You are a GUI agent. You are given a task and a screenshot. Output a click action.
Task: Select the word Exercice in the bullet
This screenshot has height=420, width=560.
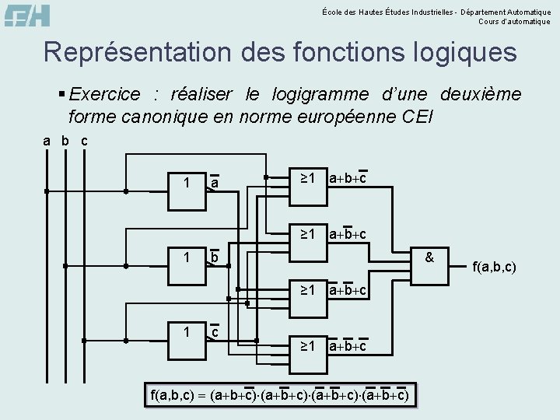[x=104, y=95]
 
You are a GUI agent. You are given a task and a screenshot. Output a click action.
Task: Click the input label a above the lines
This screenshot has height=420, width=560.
[x=47, y=141]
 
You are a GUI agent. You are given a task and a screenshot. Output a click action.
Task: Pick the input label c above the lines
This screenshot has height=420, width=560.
[x=84, y=141]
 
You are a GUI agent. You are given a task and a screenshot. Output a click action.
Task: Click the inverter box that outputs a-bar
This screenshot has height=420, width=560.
[x=186, y=183]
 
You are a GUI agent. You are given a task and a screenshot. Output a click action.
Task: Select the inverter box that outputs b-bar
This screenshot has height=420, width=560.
[x=186, y=257]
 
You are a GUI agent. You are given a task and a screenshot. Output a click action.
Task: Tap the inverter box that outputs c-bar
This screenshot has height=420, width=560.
[x=186, y=332]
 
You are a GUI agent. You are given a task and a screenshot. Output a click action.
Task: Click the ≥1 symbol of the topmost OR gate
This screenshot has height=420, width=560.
[x=308, y=178]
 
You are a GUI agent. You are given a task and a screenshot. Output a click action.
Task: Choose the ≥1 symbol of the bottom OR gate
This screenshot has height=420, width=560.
[x=308, y=345]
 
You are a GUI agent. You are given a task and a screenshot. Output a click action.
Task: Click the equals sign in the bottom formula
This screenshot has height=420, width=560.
[x=201, y=395]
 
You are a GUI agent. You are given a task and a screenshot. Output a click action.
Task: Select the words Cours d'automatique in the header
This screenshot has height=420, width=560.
[x=514, y=21]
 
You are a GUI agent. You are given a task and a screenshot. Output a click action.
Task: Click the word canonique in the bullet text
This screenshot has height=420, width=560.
[x=148, y=117]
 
